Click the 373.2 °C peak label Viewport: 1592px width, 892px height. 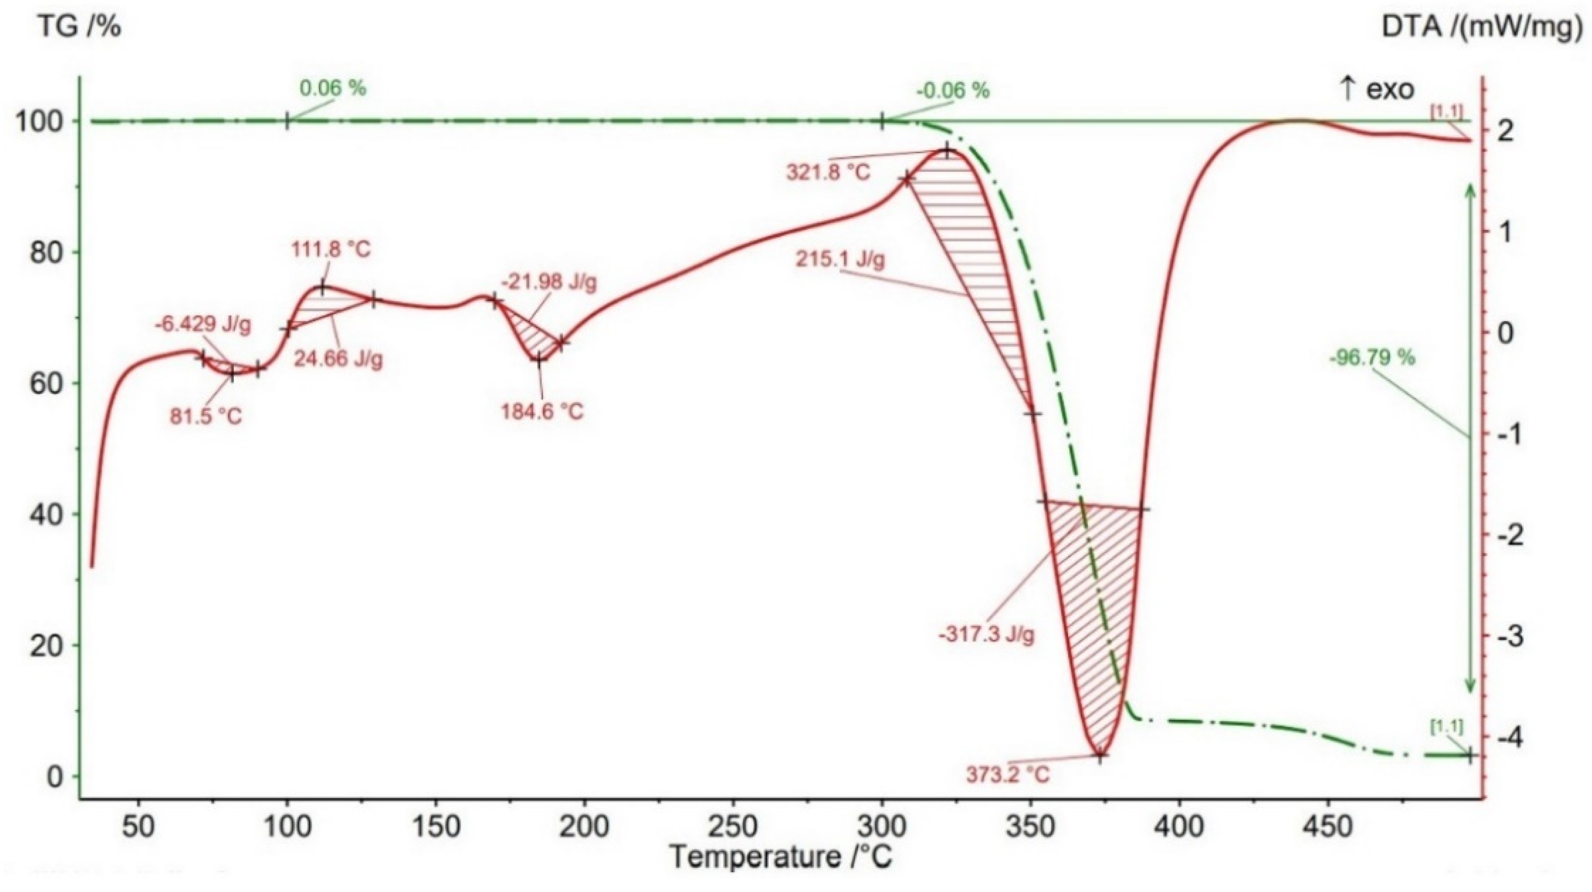coord(1008,774)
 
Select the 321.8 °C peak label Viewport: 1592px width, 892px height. coord(828,172)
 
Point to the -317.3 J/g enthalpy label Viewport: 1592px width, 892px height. coord(986,635)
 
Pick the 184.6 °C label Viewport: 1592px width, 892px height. coord(542,411)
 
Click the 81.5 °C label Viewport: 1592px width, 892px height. coord(206,417)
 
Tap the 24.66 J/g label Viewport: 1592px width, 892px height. coord(338,359)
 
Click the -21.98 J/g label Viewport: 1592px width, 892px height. coord(549,282)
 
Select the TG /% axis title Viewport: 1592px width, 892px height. coord(80,28)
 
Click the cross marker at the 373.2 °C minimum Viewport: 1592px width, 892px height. coord(1099,755)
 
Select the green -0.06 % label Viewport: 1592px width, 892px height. coord(953,91)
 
